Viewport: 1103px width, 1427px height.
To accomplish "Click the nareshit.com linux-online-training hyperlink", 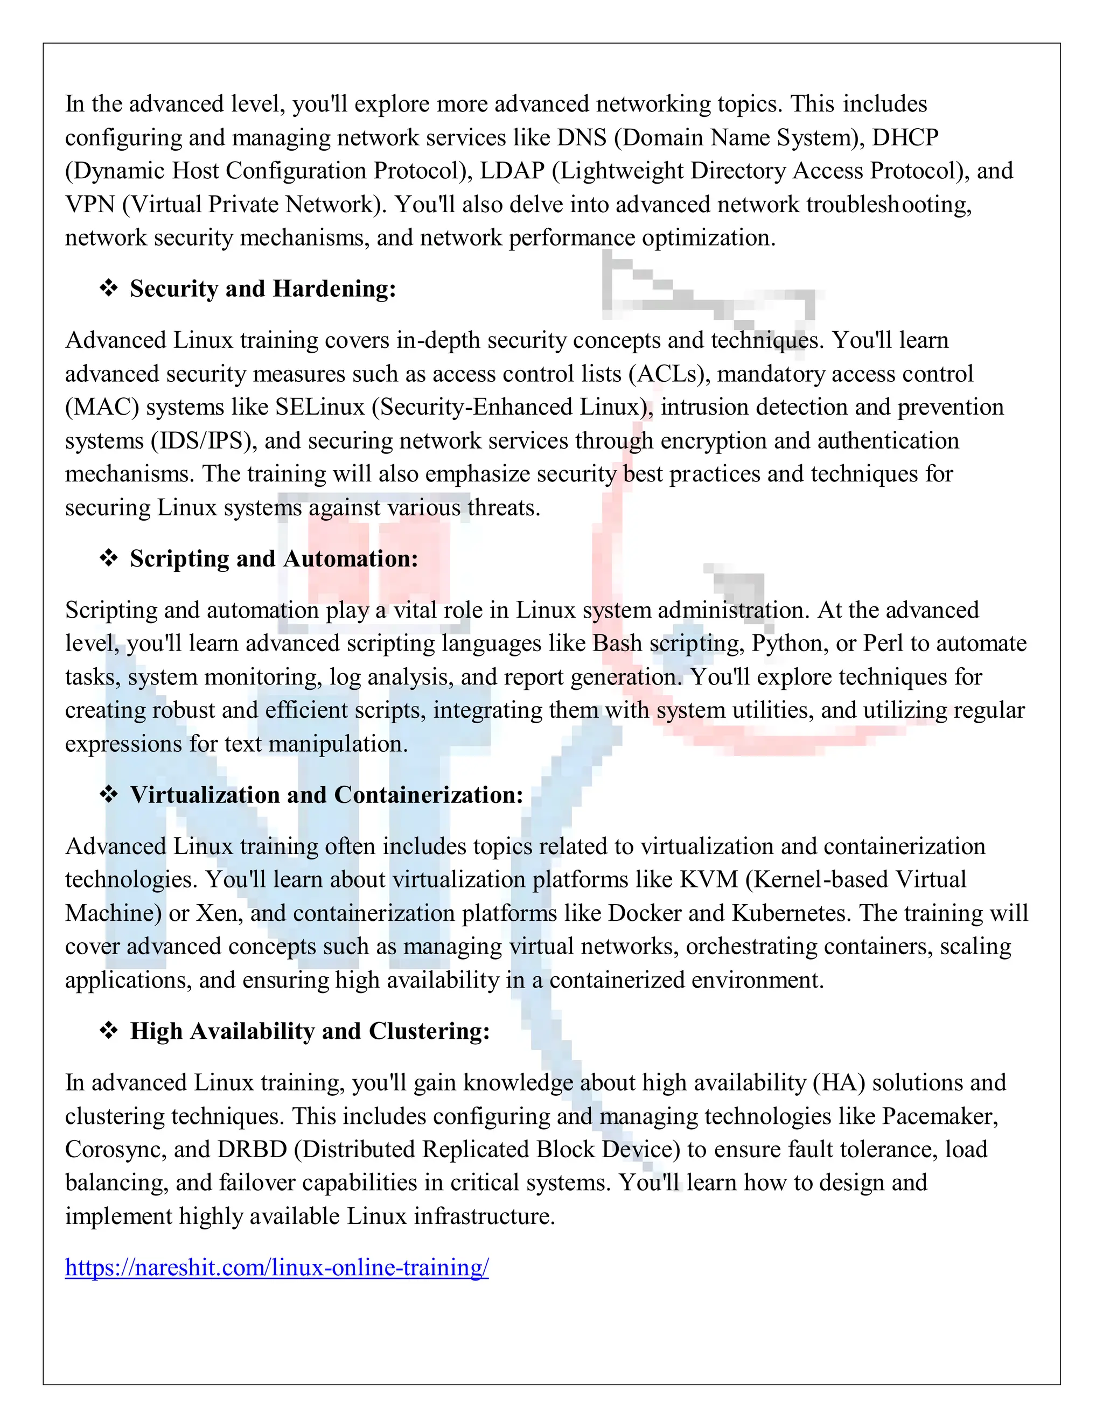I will [276, 1267].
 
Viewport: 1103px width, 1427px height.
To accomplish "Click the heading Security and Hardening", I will [263, 288].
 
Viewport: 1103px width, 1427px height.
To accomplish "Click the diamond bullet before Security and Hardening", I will [108, 288].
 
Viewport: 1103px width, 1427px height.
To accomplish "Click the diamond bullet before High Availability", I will [108, 1030].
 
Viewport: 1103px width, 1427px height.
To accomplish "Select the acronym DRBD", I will [252, 1149].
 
